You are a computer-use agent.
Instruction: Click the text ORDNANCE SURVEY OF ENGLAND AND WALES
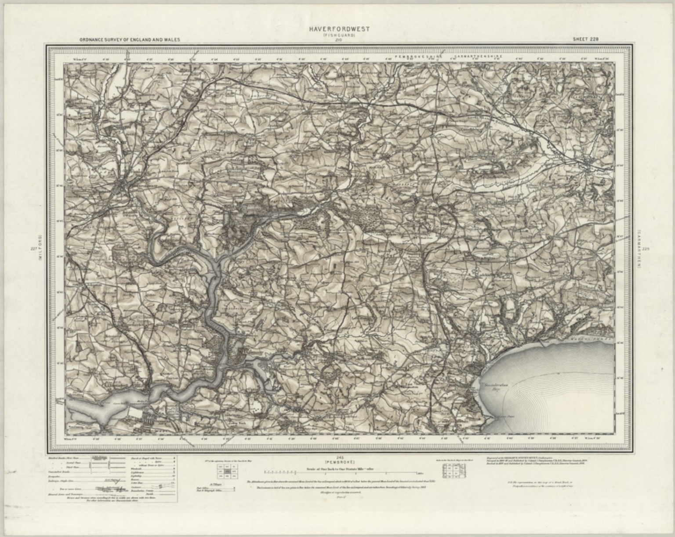coord(130,40)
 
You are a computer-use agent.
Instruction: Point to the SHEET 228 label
coord(585,39)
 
